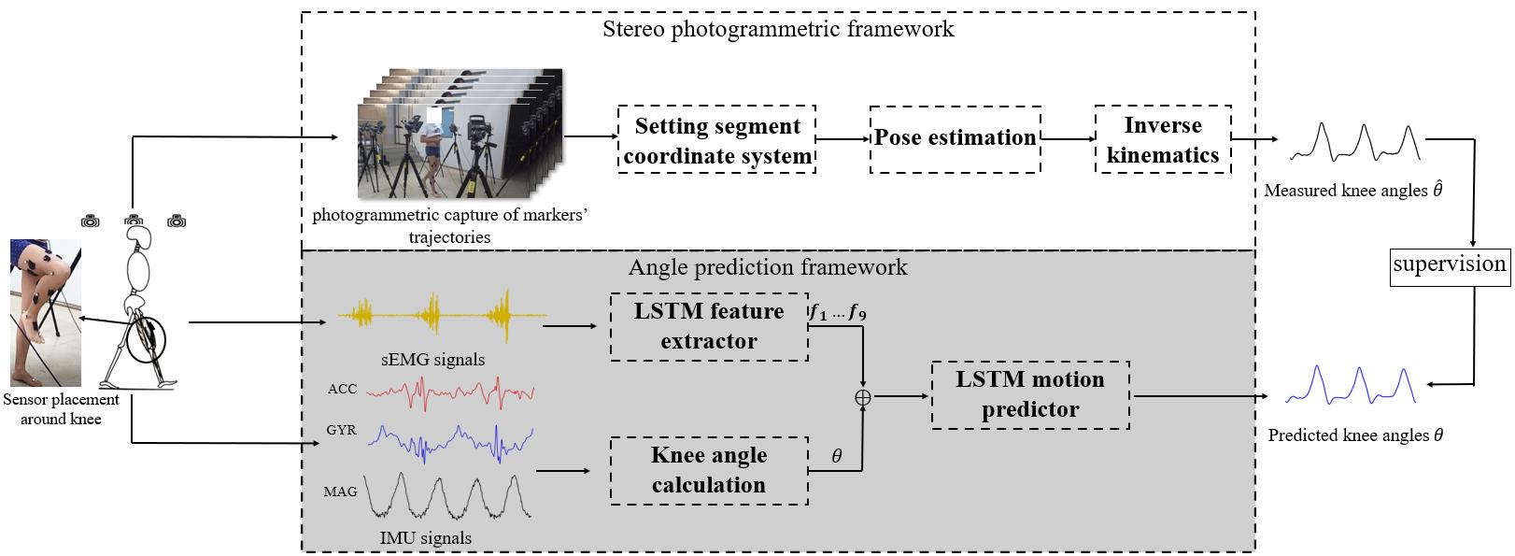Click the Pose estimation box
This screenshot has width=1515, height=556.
pyautogui.click(x=955, y=138)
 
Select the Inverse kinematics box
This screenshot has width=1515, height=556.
pyautogui.click(x=1162, y=139)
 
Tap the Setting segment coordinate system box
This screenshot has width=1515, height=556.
pyautogui.click(x=716, y=139)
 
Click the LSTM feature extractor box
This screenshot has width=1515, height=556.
pyautogui.click(x=709, y=325)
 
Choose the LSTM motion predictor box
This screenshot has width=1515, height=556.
pyautogui.click(x=1029, y=394)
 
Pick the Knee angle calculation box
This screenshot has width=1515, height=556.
pyautogui.click(x=709, y=470)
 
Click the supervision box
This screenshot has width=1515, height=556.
pyautogui.click(x=1450, y=264)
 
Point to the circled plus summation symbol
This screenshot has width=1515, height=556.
pyautogui.click(x=863, y=396)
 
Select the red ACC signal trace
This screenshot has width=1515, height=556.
pyautogui.click(x=448, y=393)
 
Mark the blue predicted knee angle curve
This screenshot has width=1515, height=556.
pyautogui.click(x=1352, y=385)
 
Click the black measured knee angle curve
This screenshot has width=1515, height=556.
pyautogui.click(x=1356, y=142)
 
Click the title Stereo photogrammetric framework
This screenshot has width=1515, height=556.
pyautogui.click(x=778, y=29)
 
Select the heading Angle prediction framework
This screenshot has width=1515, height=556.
pyautogui.click(x=768, y=267)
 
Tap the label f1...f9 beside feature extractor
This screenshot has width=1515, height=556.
pyautogui.click(x=837, y=314)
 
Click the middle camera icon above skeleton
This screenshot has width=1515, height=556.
pyautogui.click(x=134, y=221)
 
